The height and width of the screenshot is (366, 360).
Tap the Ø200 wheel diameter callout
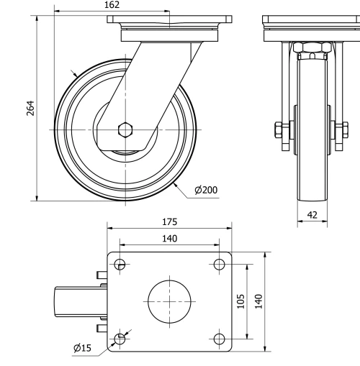tap(205, 190)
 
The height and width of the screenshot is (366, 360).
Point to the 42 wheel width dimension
tap(312, 214)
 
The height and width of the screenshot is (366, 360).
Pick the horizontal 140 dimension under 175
tap(170, 238)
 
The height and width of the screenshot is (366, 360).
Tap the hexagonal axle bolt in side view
tap(125, 130)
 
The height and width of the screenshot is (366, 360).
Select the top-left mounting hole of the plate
tap(120, 264)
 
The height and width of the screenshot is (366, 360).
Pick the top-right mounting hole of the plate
tap(219, 264)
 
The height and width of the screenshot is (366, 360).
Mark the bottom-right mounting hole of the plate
tap(219, 338)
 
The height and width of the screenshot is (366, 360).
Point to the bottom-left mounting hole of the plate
tap(120, 338)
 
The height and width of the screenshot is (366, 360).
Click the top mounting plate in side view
tap(169, 19)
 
